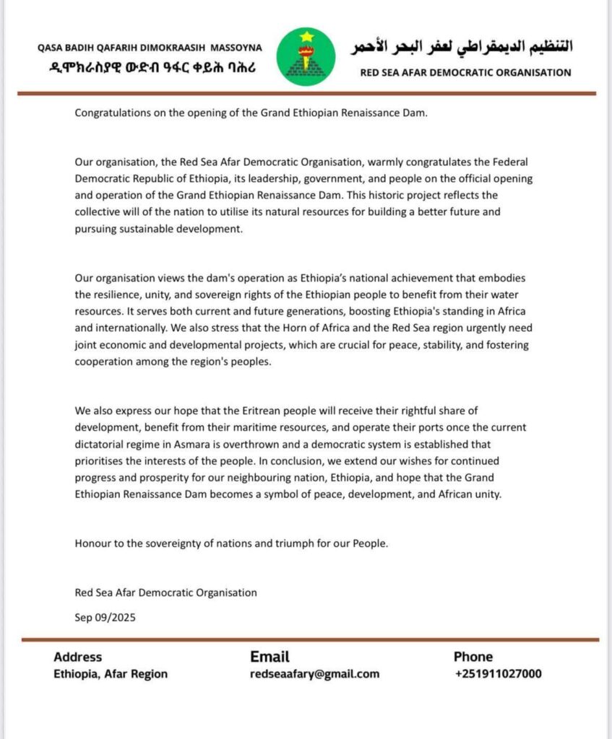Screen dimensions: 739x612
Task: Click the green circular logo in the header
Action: click(306, 56)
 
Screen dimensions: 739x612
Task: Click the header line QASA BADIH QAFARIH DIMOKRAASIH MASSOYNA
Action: click(150, 48)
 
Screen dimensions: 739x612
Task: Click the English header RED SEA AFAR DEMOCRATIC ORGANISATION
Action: click(465, 72)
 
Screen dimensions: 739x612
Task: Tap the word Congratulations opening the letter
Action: click(109, 114)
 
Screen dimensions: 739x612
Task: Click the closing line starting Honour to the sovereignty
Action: click(231, 543)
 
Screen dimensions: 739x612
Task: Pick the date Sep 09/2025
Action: click(105, 618)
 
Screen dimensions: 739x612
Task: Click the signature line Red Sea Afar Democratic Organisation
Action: click(165, 592)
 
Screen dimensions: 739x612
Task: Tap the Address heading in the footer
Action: click(78, 657)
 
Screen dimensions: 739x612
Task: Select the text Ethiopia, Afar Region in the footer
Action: click(111, 674)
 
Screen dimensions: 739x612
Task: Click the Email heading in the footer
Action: click(270, 657)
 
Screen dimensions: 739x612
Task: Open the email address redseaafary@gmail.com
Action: click(314, 674)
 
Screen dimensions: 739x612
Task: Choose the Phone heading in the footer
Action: click(473, 657)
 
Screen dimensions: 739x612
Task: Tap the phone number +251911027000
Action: click(498, 674)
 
